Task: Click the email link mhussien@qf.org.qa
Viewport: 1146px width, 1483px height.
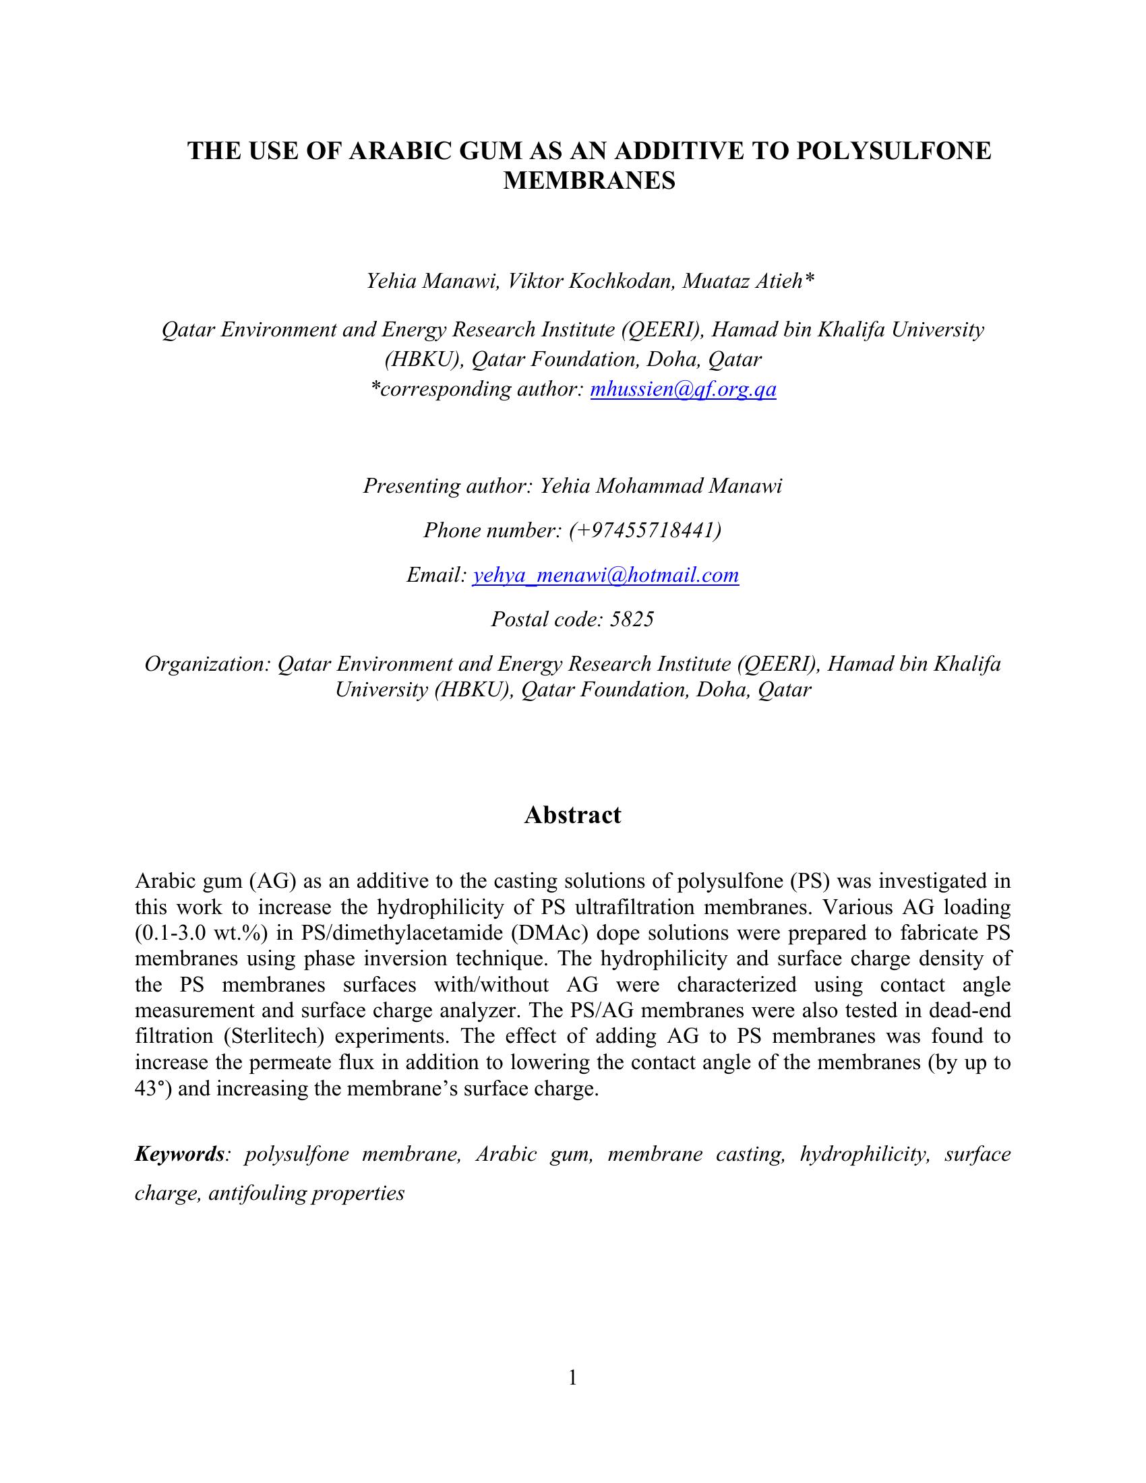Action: (683, 389)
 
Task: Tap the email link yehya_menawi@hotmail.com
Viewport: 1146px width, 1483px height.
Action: (605, 575)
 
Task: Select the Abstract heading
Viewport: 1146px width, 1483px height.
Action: (572, 815)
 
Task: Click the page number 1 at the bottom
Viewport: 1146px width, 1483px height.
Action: (572, 1378)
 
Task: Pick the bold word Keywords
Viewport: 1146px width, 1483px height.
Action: (179, 1153)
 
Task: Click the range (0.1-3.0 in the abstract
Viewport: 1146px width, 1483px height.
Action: (174, 933)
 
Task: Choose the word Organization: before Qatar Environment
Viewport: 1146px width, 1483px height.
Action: (207, 663)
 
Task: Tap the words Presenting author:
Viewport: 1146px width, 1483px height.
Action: (448, 485)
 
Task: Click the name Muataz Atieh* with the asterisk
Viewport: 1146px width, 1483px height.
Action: (748, 280)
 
